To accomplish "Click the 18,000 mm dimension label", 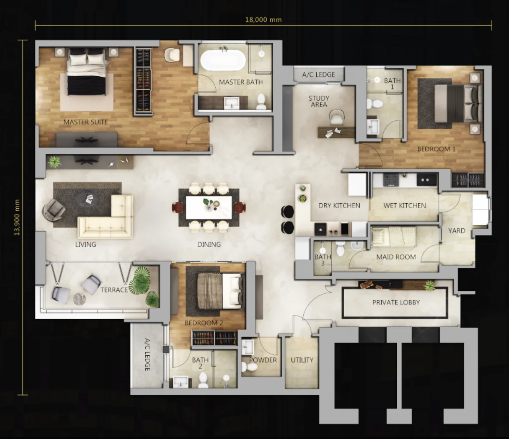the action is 263,20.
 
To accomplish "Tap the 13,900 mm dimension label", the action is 17,217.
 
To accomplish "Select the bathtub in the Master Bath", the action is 223,60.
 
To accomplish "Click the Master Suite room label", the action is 86,122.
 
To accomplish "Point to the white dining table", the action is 209,207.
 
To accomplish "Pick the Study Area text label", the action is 319,101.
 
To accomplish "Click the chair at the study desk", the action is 336,117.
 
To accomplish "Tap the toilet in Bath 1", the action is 375,104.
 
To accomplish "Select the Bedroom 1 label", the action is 436,149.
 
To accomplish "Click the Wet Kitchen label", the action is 405,205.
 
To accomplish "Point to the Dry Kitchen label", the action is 339,205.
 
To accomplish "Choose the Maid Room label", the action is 396,257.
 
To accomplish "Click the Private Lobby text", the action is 396,302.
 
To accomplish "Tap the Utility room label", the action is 302,360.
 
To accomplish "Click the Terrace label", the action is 114,290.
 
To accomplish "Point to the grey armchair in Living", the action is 53,210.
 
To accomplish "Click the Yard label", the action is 457,231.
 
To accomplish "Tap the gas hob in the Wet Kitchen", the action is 391,180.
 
